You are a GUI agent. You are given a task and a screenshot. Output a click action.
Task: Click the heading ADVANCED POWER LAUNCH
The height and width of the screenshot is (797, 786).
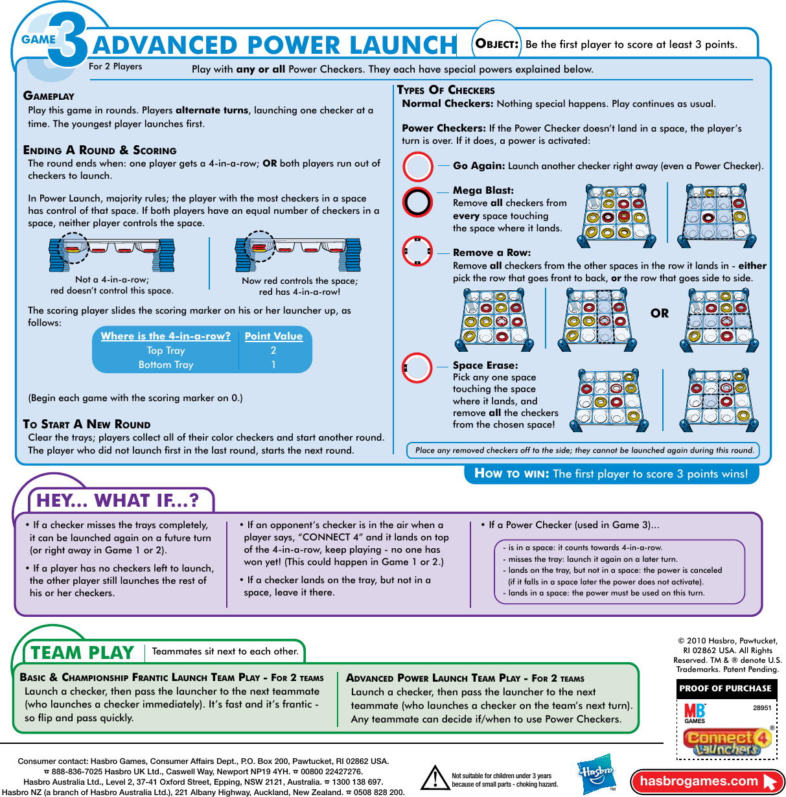(275, 45)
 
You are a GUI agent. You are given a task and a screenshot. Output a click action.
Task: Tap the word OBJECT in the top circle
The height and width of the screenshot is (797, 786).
(497, 44)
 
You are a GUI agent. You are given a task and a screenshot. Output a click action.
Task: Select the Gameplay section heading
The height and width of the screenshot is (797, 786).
(49, 96)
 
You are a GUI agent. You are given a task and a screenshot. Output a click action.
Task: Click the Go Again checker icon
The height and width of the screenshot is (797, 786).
(417, 167)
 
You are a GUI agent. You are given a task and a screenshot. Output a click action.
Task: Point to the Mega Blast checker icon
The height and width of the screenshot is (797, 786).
(417, 202)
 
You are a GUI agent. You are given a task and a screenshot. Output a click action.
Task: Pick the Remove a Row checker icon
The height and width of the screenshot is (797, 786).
(417, 251)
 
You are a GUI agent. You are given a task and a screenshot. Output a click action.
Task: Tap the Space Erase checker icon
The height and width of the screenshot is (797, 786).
(417, 368)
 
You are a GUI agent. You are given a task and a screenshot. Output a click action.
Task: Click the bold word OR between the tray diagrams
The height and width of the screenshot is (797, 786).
(659, 314)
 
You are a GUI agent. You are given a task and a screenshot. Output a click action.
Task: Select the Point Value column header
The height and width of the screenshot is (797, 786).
(273, 336)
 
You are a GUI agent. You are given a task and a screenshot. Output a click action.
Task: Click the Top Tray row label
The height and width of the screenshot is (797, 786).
(166, 351)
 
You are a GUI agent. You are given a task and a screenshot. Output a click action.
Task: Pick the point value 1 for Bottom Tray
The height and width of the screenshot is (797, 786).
(273, 365)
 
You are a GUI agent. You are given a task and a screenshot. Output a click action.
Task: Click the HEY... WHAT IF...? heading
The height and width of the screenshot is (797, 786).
(117, 501)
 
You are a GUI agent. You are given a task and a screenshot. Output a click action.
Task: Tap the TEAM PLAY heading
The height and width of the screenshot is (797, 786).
(82, 653)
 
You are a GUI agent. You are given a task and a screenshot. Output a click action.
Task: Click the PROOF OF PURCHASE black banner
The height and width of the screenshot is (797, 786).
(725, 689)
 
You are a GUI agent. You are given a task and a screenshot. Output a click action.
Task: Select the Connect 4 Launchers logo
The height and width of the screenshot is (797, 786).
(728, 743)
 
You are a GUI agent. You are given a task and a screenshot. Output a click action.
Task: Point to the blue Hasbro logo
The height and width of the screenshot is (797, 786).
(595, 774)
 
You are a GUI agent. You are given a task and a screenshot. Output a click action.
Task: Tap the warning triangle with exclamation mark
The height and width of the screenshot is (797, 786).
(435, 778)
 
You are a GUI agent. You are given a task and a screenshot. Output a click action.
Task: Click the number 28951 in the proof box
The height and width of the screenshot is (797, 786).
(762, 708)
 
